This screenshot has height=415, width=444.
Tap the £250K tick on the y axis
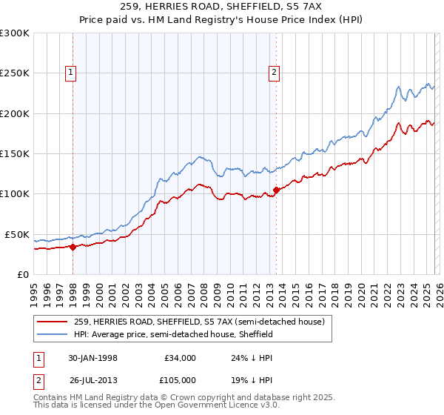tap(15, 73)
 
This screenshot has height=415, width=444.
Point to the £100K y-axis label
tap(15, 193)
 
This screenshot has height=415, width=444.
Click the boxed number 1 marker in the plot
tap(71, 72)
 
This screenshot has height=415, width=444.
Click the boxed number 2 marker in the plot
tap(274, 72)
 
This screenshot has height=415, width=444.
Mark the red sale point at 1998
tap(73, 247)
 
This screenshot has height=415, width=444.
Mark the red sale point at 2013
tap(276, 190)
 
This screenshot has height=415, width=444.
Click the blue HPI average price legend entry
tap(174, 334)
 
